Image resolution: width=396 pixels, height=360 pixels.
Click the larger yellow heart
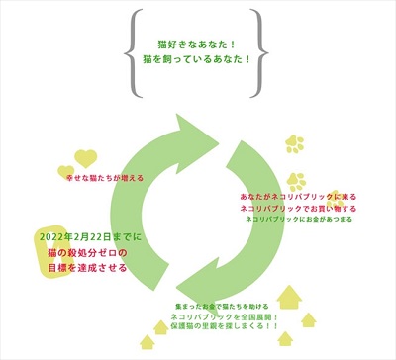pyautogui.click(x=86, y=157)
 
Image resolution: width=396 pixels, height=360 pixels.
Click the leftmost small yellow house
pyautogui.click(x=149, y=341)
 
